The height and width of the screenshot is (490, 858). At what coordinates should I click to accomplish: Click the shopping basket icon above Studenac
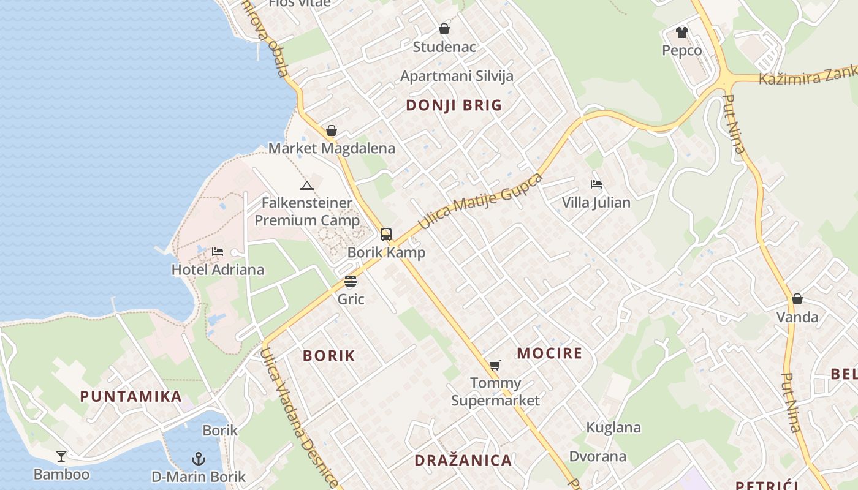coord(444,29)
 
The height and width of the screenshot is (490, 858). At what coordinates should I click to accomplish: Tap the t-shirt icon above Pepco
coord(682,32)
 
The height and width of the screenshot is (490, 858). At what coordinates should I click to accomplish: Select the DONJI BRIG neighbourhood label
coord(454,105)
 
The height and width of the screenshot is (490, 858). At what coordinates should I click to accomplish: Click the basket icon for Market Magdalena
coord(332,130)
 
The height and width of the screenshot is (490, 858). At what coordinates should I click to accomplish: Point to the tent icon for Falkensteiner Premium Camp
coord(306,185)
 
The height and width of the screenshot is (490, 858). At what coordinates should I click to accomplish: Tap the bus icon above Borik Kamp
coord(385,234)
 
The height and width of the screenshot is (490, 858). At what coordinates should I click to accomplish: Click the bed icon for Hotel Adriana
coord(217,251)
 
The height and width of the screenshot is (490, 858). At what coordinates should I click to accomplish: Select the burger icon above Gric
coord(351,281)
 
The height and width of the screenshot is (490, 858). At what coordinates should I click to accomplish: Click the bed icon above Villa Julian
coord(596,184)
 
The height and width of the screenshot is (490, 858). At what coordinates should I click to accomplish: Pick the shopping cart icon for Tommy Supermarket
coord(495,365)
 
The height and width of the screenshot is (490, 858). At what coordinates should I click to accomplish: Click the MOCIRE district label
coord(549,353)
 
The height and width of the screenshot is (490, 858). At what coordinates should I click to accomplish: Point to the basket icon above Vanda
coord(797,299)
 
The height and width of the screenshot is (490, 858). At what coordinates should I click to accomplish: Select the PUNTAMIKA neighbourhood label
coord(131,396)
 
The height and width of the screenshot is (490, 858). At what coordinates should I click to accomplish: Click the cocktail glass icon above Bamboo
coord(61,456)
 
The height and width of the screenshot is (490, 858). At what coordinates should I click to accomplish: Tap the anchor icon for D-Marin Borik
coord(198,458)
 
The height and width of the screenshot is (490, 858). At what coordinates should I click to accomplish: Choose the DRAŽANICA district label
coord(463,461)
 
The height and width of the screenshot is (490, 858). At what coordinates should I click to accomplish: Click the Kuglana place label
coord(613,428)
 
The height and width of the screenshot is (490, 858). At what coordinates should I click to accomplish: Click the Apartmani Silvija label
coord(457,76)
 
